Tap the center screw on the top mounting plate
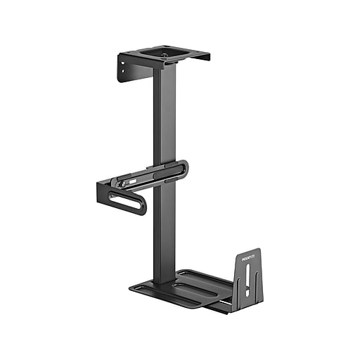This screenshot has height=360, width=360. point(164,54)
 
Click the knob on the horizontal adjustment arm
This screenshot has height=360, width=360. point(124,184)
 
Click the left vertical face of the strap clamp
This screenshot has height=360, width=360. point(103,193)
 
